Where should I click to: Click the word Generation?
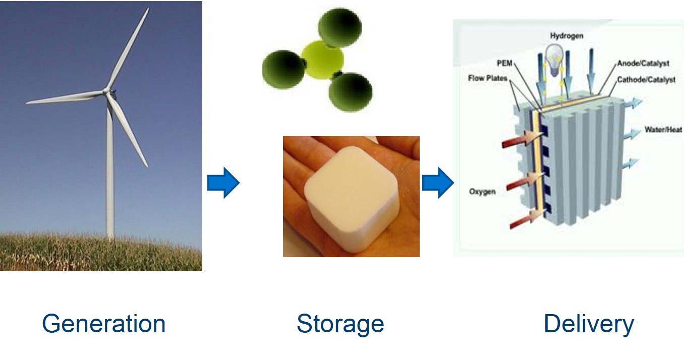(104, 324)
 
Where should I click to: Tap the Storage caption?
(340, 325)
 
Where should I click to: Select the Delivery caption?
(589, 325)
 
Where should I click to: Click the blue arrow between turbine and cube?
(223, 183)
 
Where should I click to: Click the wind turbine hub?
(106, 91)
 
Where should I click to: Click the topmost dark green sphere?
(340, 28)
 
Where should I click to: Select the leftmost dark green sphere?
(284, 70)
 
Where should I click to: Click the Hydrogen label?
(567, 36)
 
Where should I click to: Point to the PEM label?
(504, 63)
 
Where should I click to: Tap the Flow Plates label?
(488, 78)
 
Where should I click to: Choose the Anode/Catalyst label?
(643, 63)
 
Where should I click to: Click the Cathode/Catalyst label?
(646, 80)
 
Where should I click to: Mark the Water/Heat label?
(663, 130)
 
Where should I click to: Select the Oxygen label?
(482, 192)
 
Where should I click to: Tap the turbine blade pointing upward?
(128, 49)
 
